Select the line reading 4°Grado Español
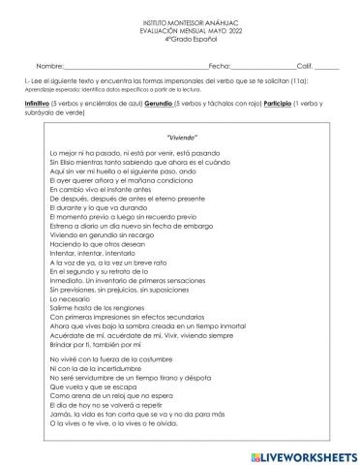pyautogui.click(x=180, y=38)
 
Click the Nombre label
pyautogui.click(x=49, y=63)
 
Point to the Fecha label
pyautogui.click(x=219, y=63)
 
